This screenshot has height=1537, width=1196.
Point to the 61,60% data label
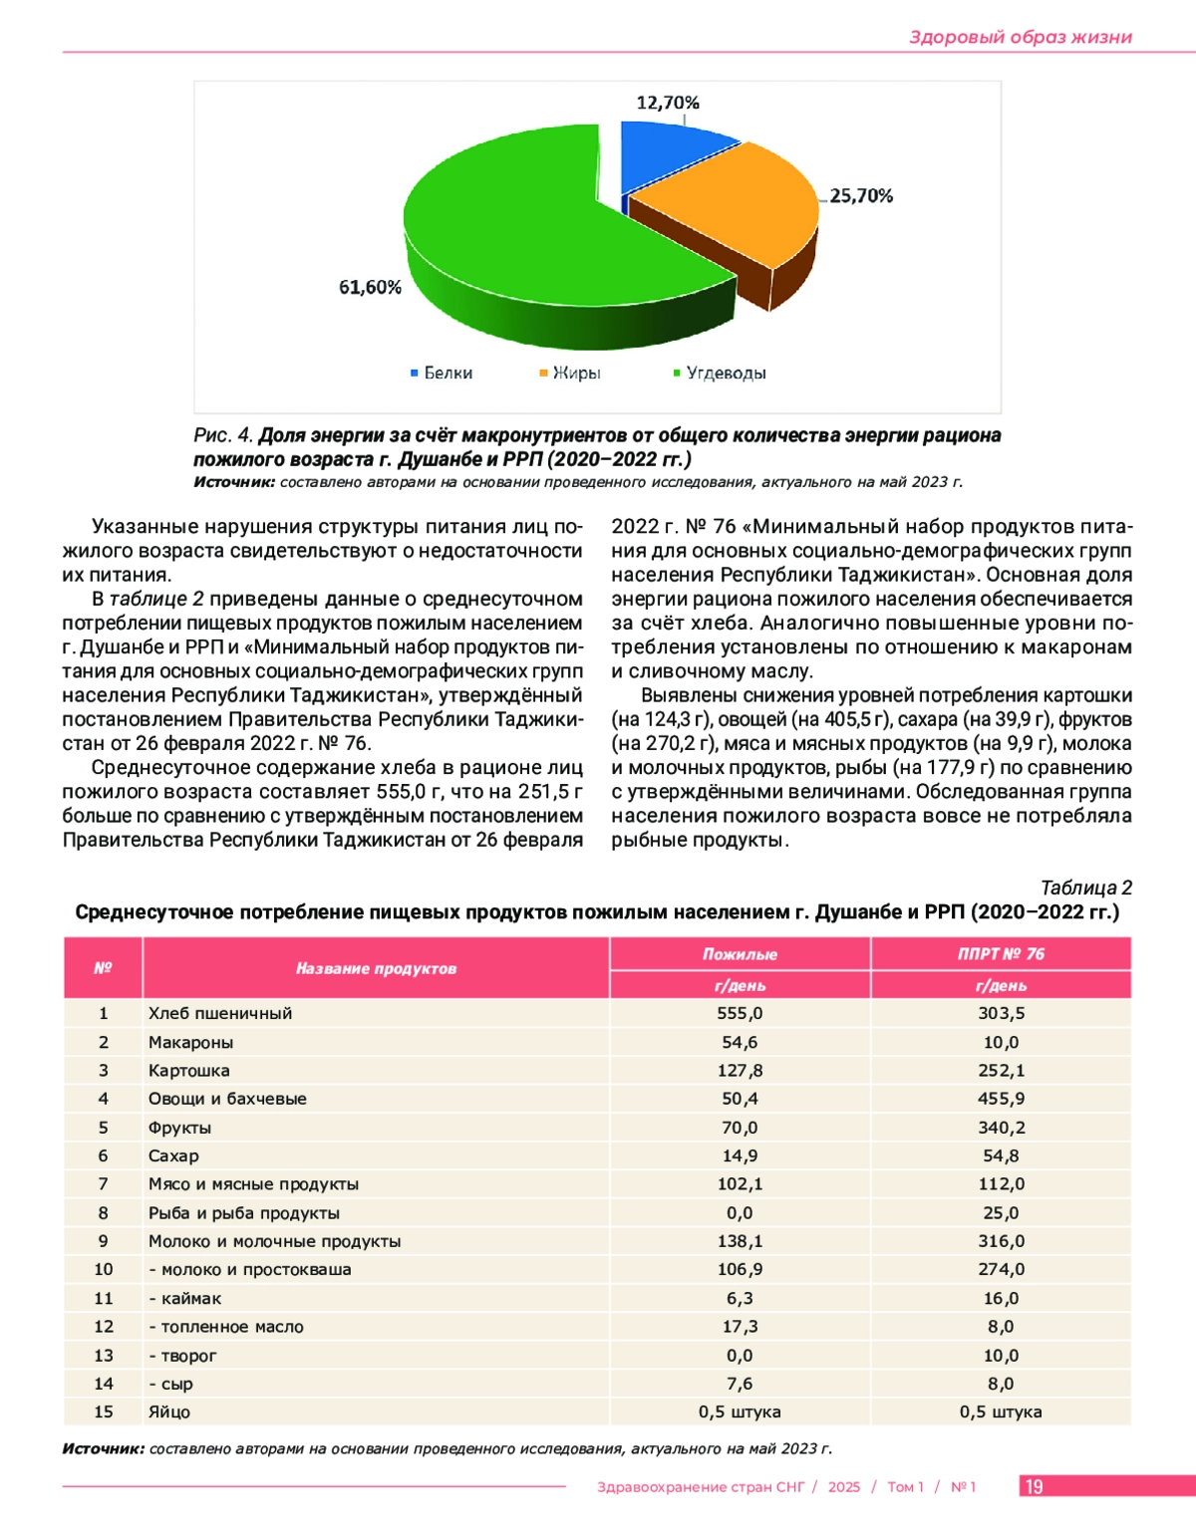370,288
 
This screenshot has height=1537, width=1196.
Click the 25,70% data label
861,196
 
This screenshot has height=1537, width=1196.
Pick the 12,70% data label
668,103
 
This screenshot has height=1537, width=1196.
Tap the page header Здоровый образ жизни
1020,37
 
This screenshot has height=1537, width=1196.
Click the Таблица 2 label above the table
1085,888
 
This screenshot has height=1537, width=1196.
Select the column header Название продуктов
376,968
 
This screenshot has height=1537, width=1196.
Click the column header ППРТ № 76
1001,953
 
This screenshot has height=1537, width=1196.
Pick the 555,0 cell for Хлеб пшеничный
740,1013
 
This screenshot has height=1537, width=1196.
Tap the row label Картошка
188,1071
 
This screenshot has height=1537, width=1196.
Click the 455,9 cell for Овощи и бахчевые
1001,1099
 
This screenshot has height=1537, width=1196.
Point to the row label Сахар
173,1155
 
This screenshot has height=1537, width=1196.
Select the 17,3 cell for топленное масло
740,1327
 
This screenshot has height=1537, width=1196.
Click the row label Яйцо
169,1412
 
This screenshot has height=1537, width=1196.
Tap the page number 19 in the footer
1035,1486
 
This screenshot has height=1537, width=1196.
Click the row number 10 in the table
104,1269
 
